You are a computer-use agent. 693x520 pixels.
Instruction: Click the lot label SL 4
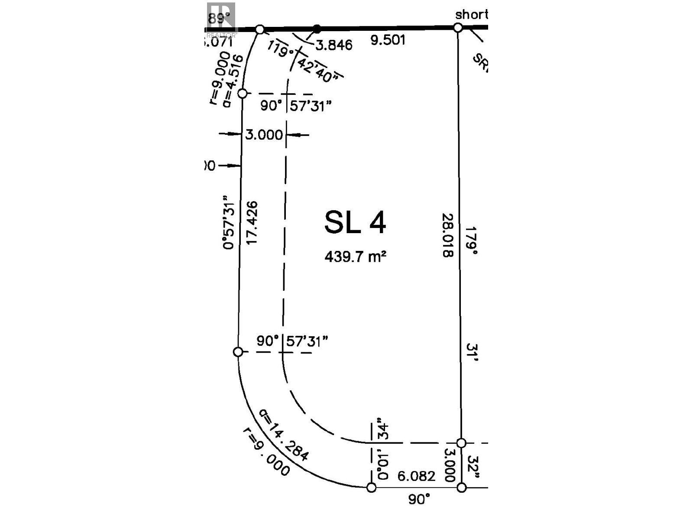coord(355,223)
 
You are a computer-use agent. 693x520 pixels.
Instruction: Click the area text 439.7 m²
coord(355,257)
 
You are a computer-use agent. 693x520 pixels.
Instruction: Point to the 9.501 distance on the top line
coord(388,40)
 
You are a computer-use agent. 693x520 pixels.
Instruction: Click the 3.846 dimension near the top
coord(334,45)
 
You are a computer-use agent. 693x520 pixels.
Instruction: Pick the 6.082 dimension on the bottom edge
coord(416,476)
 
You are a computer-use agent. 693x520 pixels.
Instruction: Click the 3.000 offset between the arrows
coord(264,135)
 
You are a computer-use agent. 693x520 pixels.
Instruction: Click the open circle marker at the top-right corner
coord(458,28)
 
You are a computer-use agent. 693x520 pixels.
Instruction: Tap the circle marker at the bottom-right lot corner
coord(462,487)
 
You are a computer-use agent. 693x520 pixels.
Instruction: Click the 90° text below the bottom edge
coord(419,499)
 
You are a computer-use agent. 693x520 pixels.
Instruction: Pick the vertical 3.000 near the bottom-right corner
coord(449,465)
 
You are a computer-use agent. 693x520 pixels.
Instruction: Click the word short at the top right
coord(471,14)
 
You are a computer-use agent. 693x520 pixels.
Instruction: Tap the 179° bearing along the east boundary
coord(471,240)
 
